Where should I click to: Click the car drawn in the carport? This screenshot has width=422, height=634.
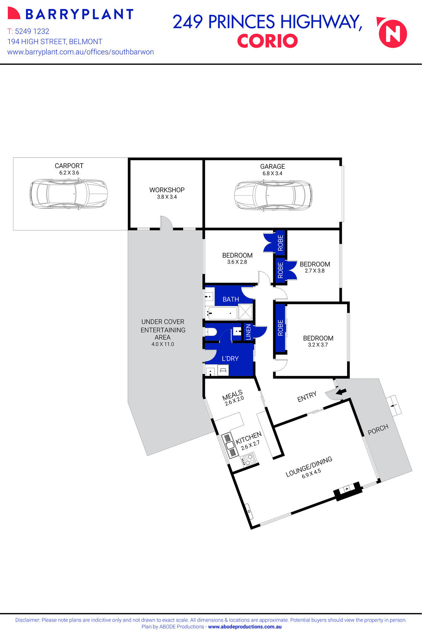(x=69, y=194)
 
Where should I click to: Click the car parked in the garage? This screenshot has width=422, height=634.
(x=273, y=195)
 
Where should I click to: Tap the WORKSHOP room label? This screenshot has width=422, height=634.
(x=167, y=190)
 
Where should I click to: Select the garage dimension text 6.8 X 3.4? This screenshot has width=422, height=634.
(x=272, y=173)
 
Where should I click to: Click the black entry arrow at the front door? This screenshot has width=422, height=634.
(x=341, y=391)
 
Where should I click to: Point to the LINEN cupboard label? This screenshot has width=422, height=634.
(x=248, y=332)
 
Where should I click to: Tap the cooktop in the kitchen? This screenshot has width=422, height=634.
(x=248, y=459)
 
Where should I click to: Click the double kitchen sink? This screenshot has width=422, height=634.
(x=229, y=445)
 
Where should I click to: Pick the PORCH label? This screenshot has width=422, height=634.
(x=378, y=429)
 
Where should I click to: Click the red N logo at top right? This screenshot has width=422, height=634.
(x=393, y=34)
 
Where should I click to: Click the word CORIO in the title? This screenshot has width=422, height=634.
(x=267, y=41)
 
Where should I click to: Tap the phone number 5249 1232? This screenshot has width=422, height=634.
(x=32, y=31)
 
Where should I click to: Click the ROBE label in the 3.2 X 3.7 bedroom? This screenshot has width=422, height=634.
(x=281, y=327)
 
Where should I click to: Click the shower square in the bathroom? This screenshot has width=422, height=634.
(x=246, y=312)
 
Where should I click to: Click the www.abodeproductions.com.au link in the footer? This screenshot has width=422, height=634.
(x=245, y=627)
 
